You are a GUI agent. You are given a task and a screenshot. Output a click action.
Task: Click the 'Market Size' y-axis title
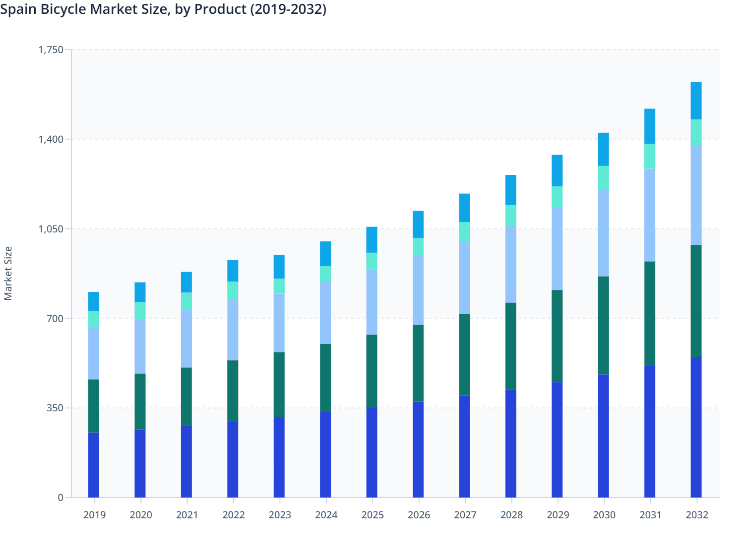(8, 273)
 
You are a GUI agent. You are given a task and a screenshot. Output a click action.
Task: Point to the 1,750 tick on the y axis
(51, 50)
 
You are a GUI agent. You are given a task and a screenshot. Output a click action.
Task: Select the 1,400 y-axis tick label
(51, 139)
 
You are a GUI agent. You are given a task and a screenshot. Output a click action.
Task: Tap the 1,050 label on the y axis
(51, 229)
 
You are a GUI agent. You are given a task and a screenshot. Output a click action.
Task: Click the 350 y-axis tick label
(55, 408)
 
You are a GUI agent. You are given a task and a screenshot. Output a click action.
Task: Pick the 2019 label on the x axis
(94, 515)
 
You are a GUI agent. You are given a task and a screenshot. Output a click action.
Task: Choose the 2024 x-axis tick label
(326, 515)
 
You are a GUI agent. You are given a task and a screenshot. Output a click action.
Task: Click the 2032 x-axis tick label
(696, 515)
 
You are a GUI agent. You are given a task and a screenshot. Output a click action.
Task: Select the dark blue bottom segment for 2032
(696, 427)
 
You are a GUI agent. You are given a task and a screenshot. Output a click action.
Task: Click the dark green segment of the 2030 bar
(603, 325)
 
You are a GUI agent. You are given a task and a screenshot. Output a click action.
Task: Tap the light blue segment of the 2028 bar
(510, 264)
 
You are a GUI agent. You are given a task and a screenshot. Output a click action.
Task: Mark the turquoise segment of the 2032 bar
(696, 133)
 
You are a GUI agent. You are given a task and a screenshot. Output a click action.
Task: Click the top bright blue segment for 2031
(649, 126)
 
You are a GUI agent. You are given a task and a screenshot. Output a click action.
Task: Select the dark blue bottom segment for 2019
(94, 465)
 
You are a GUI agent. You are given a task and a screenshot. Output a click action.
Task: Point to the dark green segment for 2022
(233, 391)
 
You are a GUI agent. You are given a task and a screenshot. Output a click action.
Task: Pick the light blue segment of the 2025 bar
(372, 302)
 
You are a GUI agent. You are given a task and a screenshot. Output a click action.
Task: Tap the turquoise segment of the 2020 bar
(140, 310)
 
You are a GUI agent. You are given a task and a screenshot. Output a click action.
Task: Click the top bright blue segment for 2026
(418, 224)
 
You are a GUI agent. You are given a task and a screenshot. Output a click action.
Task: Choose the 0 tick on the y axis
(61, 498)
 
